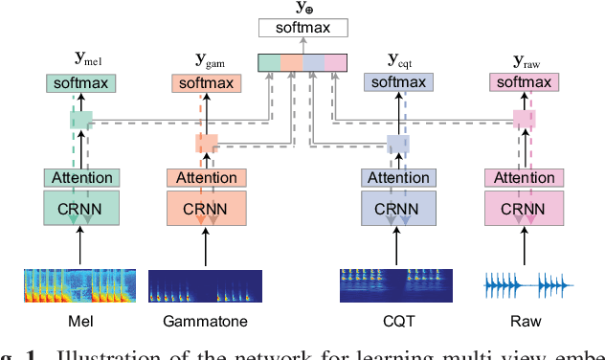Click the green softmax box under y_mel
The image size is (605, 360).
tap(81, 83)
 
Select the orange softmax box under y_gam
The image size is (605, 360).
tap(207, 83)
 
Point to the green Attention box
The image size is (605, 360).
tap(81, 177)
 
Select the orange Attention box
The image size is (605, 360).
tap(207, 177)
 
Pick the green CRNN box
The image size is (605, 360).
tap(81, 209)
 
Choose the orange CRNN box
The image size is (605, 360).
tap(207, 209)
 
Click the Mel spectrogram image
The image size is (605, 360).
tap(81, 286)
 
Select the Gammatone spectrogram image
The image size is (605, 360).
tap(206, 286)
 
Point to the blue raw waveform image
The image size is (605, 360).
tap(527, 286)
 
